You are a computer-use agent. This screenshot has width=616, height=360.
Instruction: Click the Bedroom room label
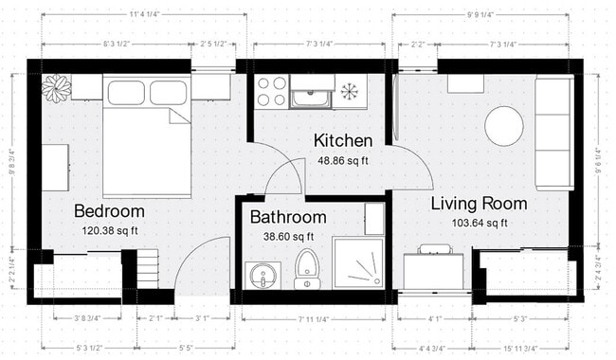pos(109,210)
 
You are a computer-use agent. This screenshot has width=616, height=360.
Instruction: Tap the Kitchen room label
pos(343,141)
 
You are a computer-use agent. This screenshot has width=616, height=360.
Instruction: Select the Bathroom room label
pos(288,217)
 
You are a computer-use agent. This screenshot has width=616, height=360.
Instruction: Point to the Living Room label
pos(479,204)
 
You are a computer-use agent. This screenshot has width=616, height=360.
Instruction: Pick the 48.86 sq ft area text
pos(344,161)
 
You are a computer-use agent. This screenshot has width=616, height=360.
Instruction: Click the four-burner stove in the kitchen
pos(272,92)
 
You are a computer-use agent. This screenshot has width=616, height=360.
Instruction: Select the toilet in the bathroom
pos(306,267)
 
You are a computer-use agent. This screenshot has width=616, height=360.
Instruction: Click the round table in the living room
pos(503,125)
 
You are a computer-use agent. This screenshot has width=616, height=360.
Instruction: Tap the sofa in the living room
pos(553,133)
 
